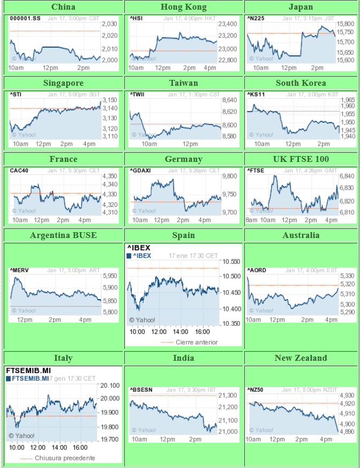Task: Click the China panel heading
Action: (x=63, y=7)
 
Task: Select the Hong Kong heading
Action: (x=184, y=7)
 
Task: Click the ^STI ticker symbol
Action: (x=16, y=94)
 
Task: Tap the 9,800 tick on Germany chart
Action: (x=230, y=176)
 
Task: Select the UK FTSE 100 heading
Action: (x=301, y=159)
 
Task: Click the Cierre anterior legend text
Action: (x=197, y=342)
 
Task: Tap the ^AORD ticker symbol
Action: (x=257, y=270)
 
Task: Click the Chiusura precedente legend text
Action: (x=64, y=458)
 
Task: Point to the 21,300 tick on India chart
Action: (x=230, y=396)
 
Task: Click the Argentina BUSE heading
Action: (x=63, y=235)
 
